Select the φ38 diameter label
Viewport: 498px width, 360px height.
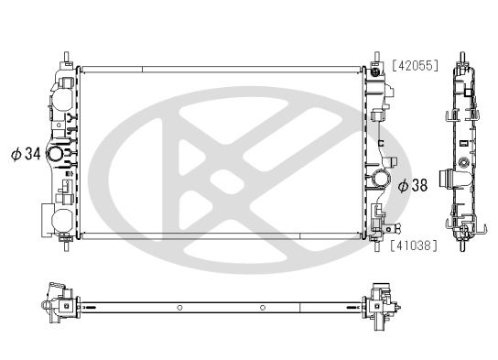[413, 184]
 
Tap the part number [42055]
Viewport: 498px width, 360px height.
[417, 66]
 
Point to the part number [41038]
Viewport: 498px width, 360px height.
[417, 245]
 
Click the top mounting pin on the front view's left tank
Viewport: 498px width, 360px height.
[68, 55]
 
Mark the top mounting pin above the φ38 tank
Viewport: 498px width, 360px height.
[374, 56]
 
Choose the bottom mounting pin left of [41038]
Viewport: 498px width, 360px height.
[376, 244]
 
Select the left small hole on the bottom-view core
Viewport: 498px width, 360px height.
[180, 306]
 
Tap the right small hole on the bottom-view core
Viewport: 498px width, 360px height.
[263, 306]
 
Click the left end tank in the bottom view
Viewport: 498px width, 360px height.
[57, 304]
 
